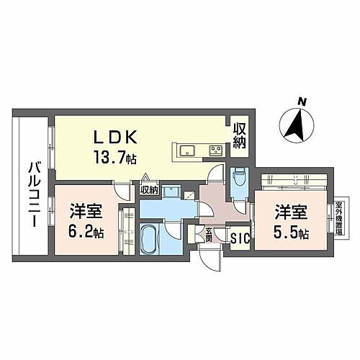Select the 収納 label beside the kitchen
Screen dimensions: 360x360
click(239, 136)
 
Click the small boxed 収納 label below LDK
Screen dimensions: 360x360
click(149, 190)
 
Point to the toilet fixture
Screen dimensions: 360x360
click(238, 175)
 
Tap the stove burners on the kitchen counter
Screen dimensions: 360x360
click(215, 150)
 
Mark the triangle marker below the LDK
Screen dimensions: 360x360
click(145, 177)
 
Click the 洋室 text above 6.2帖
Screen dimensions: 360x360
click(86, 212)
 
